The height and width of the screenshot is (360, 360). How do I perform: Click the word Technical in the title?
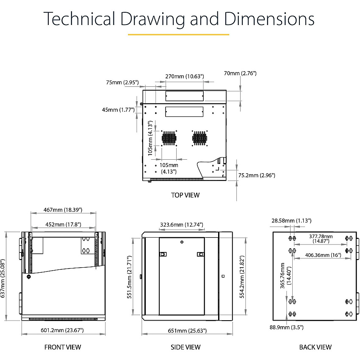point(79,18)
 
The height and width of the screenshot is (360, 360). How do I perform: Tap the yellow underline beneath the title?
point(178,34)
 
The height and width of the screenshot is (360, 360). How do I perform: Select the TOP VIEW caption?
point(185,195)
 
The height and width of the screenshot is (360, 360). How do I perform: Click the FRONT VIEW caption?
point(63,347)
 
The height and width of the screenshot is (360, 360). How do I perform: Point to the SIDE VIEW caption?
point(186,347)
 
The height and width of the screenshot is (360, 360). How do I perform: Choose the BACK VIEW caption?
point(316,347)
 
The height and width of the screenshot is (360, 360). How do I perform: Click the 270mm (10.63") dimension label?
point(185,76)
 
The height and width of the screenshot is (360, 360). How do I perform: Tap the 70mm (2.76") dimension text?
point(240,73)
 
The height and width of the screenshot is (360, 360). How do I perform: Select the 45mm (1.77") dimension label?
point(118,110)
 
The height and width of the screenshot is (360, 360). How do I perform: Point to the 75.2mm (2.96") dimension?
point(257,175)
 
